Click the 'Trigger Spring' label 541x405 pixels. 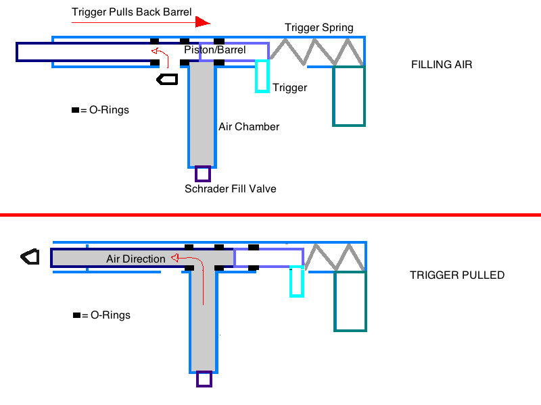[319, 28]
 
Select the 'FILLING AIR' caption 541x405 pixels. [442, 65]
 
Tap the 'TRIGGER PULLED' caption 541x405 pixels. [457, 275]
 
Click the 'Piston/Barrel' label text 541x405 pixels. [214, 50]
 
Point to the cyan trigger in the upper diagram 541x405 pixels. [262, 76]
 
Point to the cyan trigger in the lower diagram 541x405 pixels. [296, 281]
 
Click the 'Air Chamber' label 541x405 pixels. [249, 127]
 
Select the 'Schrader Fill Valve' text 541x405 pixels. [231, 189]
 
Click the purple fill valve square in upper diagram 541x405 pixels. [202, 174]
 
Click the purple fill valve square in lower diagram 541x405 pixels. [204, 379]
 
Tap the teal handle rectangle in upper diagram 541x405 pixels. [349, 96]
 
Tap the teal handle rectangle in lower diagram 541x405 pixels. [350, 301]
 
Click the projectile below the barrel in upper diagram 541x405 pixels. [167, 79]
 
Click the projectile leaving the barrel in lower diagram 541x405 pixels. [30, 256]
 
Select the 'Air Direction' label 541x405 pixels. [135, 259]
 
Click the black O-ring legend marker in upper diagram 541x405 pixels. [75, 110]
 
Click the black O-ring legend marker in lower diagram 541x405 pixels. [76, 315]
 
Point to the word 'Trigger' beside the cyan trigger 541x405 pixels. [290, 88]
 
